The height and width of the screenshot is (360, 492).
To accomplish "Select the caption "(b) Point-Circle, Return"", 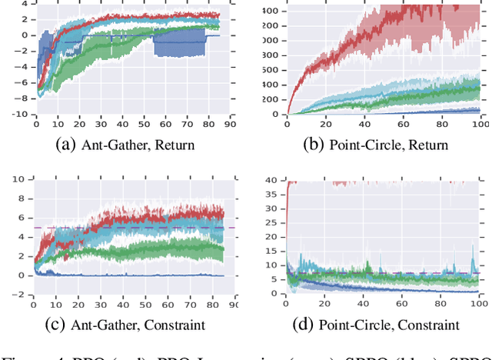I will (x=375, y=144).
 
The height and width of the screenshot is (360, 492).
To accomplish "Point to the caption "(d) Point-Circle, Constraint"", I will (x=374, y=325).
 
